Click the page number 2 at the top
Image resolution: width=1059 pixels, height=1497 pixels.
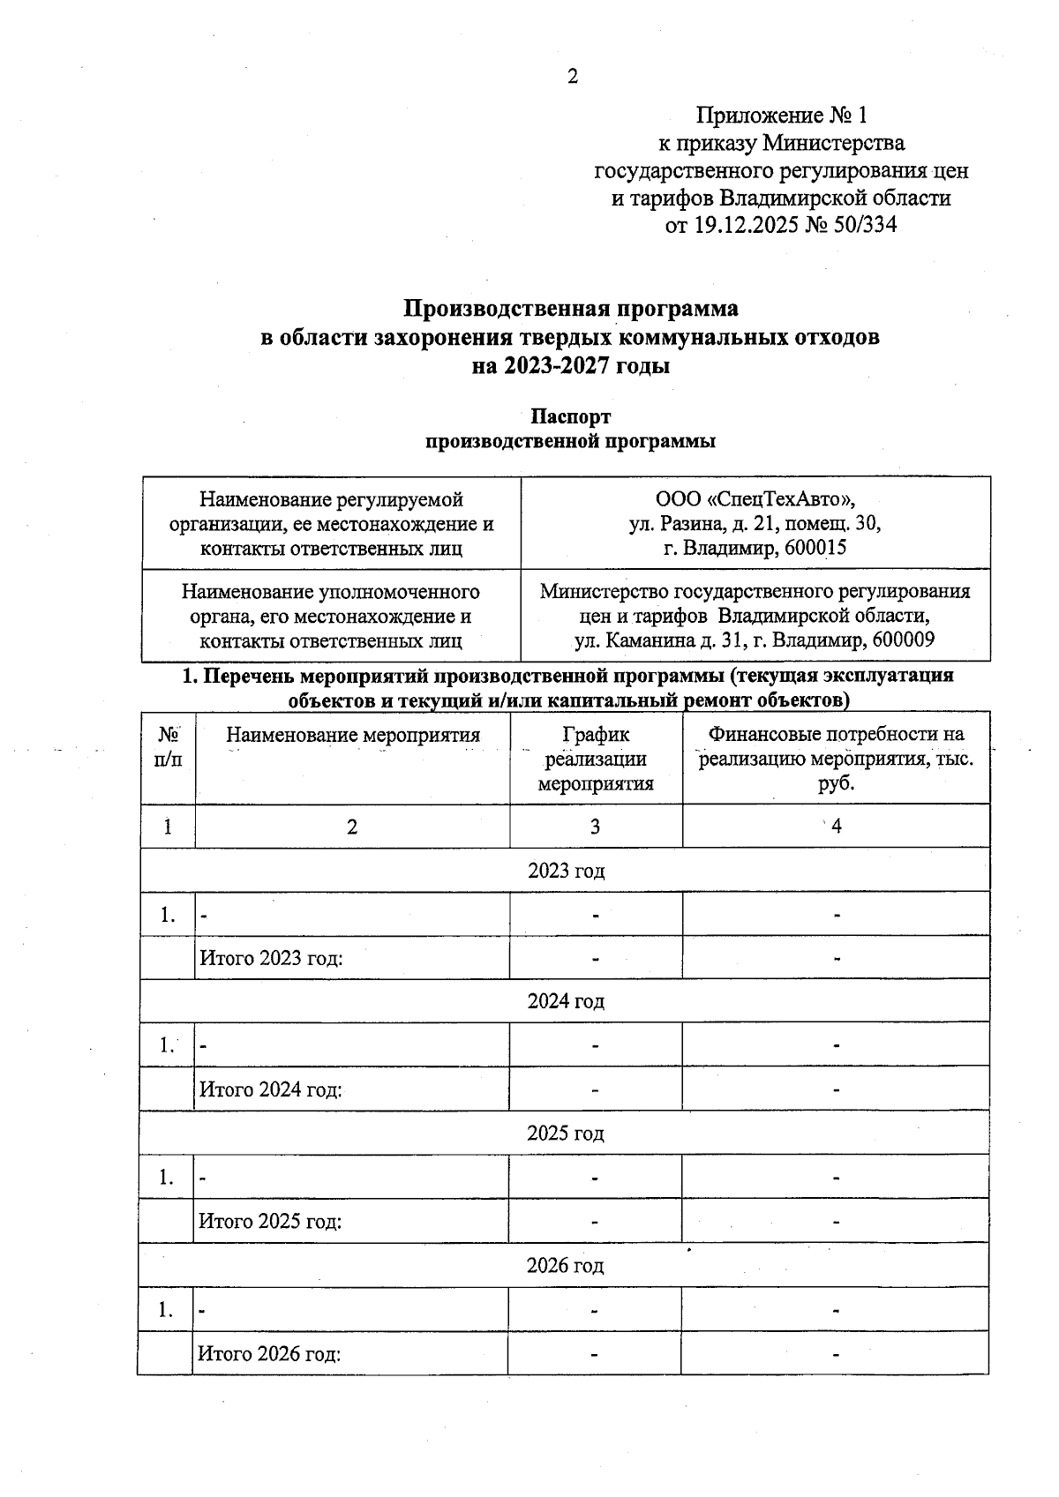pyautogui.click(x=572, y=78)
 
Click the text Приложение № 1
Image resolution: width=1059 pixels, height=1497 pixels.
pyautogui.click(x=782, y=116)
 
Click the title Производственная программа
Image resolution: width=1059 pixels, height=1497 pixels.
pyautogui.click(x=571, y=309)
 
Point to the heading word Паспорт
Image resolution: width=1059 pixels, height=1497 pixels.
pyautogui.click(x=570, y=416)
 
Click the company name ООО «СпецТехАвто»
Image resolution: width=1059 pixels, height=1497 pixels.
pyautogui.click(x=755, y=500)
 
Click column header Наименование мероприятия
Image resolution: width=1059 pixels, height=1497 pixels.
pyautogui.click(x=353, y=735)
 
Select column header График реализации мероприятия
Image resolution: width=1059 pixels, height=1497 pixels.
pyautogui.click(x=596, y=759)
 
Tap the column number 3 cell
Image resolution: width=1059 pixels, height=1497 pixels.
pyautogui.click(x=596, y=827)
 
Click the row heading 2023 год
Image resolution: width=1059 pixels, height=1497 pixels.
pyautogui.click(x=566, y=871)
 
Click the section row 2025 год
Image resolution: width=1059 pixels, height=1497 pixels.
pyautogui.click(x=566, y=1133)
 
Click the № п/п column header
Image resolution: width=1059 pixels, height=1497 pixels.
pyautogui.click(x=168, y=746)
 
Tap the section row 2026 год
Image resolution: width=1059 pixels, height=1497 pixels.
pyautogui.click(x=566, y=1266)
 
